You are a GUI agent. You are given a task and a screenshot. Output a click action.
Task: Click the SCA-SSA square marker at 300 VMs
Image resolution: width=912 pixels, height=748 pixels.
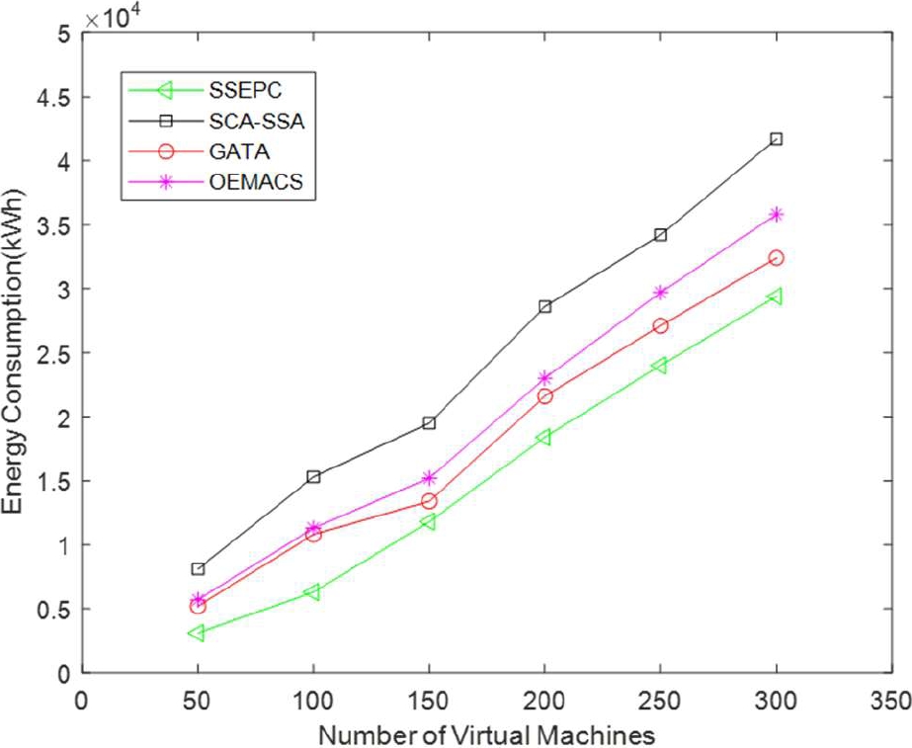point(777,139)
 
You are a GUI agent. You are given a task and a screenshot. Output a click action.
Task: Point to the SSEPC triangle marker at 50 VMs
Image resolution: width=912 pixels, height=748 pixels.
point(197,632)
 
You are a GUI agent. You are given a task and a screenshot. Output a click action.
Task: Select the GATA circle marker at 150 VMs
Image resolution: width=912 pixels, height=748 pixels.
point(429,501)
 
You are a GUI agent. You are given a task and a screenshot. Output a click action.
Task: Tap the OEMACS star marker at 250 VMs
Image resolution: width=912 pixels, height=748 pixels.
point(660,292)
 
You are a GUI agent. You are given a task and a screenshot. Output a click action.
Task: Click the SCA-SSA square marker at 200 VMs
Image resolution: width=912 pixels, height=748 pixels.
point(544,306)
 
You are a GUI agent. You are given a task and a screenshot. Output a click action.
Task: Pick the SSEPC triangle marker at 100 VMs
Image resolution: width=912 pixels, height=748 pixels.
point(312,592)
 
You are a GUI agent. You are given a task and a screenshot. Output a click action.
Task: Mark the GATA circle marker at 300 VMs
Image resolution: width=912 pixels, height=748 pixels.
point(777,258)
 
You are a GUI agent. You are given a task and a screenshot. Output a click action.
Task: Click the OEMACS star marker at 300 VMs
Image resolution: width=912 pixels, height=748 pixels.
point(777,214)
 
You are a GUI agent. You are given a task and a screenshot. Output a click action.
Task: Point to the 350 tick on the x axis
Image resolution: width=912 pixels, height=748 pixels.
point(891,700)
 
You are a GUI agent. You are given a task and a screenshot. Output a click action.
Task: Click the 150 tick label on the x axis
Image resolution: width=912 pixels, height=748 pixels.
point(429,700)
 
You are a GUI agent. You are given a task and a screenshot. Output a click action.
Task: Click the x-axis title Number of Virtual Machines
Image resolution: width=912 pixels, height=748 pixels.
point(486,734)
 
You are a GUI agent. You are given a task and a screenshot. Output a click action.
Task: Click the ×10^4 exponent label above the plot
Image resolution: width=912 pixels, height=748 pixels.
point(111,17)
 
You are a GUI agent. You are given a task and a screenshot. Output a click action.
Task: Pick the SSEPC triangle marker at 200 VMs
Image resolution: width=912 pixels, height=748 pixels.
point(544,437)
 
